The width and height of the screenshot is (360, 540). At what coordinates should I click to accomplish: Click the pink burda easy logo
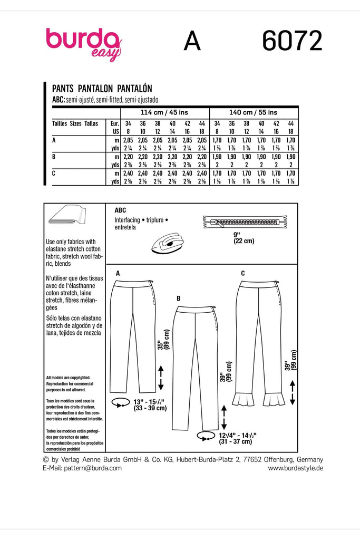pyautogui.click(x=84, y=43)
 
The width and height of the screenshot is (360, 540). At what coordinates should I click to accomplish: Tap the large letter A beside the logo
pyautogui.click(x=192, y=42)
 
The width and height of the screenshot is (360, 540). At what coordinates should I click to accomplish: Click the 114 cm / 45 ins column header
pyautogui.click(x=164, y=112)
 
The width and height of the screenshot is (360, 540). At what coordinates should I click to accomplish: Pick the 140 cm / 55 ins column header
pyautogui.click(x=254, y=112)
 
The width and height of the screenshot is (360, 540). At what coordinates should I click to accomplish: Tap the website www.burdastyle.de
pyautogui.click(x=295, y=468)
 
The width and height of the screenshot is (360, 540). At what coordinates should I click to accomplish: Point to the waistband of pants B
pyautogui.click(x=194, y=311)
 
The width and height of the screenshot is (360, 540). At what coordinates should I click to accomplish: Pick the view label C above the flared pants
pyautogui.click(x=242, y=273)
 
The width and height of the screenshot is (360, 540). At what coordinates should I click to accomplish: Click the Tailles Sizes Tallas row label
pyautogui.click(x=75, y=123)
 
